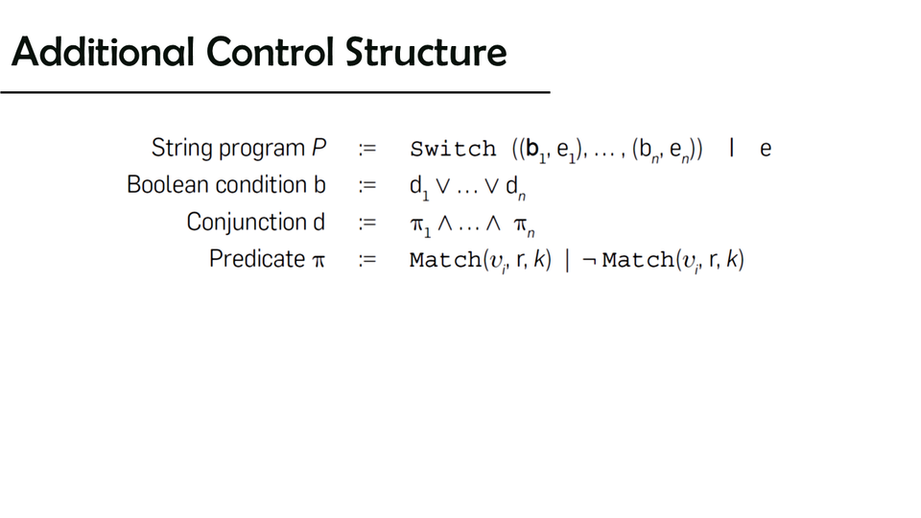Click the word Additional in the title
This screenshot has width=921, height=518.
point(103,52)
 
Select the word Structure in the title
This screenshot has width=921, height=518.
point(426,52)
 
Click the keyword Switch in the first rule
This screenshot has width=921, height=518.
point(453,149)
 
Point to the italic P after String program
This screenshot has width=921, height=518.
point(319,148)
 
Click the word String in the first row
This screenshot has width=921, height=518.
point(180,148)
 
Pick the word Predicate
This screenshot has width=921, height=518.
point(257,259)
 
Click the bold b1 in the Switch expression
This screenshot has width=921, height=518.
point(536,151)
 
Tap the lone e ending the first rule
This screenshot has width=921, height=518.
point(766,150)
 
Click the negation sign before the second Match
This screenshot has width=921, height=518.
point(589,260)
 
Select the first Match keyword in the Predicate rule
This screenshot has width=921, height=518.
point(446,259)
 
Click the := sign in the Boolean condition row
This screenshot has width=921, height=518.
point(367,185)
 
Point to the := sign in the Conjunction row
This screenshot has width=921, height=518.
point(367,224)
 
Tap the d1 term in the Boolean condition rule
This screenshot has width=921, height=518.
point(419,188)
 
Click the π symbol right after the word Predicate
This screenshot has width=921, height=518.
point(319,260)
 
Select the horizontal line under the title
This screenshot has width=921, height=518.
point(275,92)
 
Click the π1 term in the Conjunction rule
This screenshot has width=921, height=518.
point(420,226)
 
